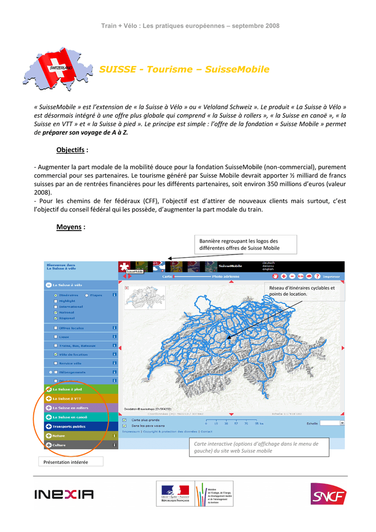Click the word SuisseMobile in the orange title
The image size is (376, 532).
[x=237, y=70]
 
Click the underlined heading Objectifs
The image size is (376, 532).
[x=70, y=150]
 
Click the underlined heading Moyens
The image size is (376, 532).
[x=69, y=227]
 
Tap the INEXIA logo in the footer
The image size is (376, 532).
[x=64, y=494]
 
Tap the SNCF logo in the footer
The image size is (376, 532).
[x=328, y=494]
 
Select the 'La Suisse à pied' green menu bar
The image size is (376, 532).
[x=82, y=389]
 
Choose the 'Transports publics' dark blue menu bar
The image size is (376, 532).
[x=82, y=426]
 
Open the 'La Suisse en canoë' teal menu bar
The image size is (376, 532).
[x=82, y=417]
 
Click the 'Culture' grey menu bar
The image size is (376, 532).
[x=82, y=445]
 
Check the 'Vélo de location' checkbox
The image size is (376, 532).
[x=56, y=355]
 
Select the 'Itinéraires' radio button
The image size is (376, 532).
[x=56, y=295]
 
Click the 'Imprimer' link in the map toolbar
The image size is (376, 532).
[x=331, y=276]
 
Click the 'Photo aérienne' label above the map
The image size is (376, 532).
[x=225, y=276]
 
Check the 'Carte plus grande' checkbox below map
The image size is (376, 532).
[x=124, y=419]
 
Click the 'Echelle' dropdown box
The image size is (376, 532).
[x=332, y=423]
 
